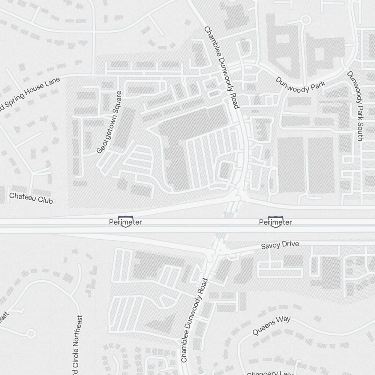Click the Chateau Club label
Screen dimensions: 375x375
coord(31,198)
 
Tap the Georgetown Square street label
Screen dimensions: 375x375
coord(109,122)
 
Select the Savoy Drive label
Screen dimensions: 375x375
coord(280,245)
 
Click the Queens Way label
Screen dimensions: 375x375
coord(271,326)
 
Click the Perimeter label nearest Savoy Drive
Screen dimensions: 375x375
coord(275,222)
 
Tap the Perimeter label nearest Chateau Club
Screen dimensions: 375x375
coord(125,222)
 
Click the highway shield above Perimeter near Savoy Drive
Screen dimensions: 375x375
coord(275,219)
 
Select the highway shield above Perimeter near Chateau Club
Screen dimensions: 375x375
coord(125,219)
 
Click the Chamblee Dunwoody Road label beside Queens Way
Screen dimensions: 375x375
coord(194,321)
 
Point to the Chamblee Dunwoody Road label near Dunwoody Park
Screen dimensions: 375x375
coord(221,67)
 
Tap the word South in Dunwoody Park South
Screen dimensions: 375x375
coord(359,131)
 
